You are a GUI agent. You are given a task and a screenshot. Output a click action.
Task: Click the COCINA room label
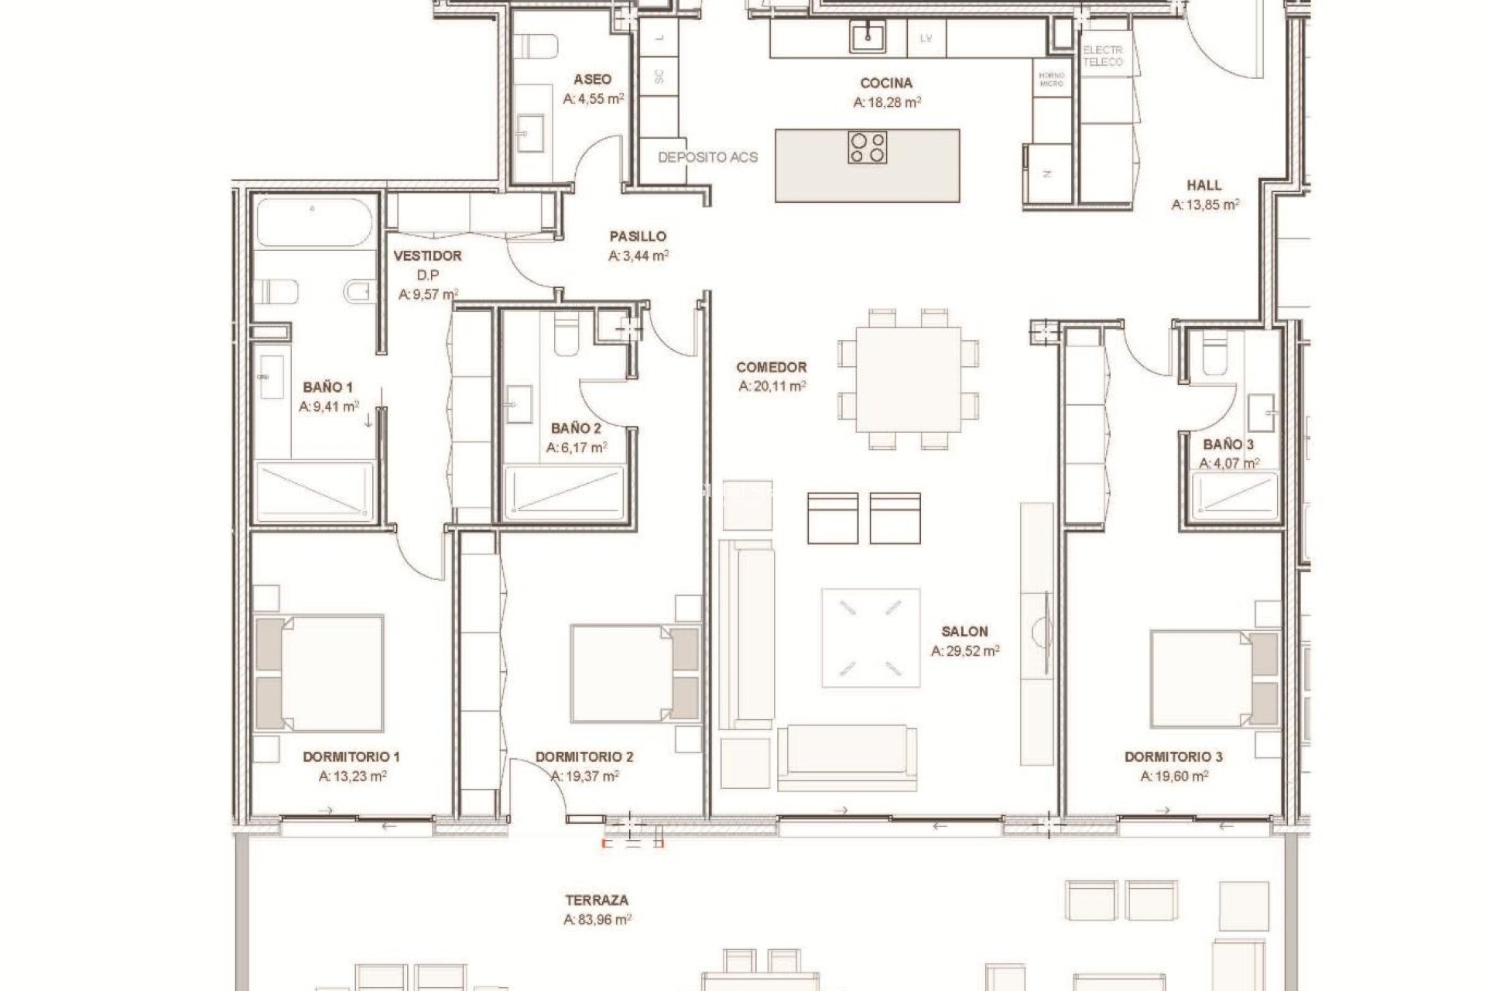tap(886, 83)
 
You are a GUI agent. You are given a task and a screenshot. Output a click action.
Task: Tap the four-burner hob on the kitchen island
tap(868, 148)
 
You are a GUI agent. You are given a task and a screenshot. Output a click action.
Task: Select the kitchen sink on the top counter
tap(868, 36)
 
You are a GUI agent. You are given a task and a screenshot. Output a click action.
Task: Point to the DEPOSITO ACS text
tap(707, 157)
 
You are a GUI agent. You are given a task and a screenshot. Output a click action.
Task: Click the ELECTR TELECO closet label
tap(1102, 56)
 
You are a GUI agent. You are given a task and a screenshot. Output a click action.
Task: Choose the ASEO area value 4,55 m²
tap(594, 99)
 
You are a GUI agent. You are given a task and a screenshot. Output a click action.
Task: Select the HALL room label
tap(1204, 185)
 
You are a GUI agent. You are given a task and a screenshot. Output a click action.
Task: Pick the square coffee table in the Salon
tap(871, 638)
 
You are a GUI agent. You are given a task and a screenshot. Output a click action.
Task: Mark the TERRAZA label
tap(597, 900)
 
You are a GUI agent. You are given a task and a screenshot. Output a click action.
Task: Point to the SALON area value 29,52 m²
tap(965, 651)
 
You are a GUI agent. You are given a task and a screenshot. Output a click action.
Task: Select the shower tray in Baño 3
tap(1234, 495)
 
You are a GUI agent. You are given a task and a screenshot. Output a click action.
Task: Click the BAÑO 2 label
tap(576, 427)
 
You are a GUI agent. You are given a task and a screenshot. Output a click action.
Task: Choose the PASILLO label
tap(637, 236)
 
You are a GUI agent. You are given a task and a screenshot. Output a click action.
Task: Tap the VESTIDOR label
tap(427, 255)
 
